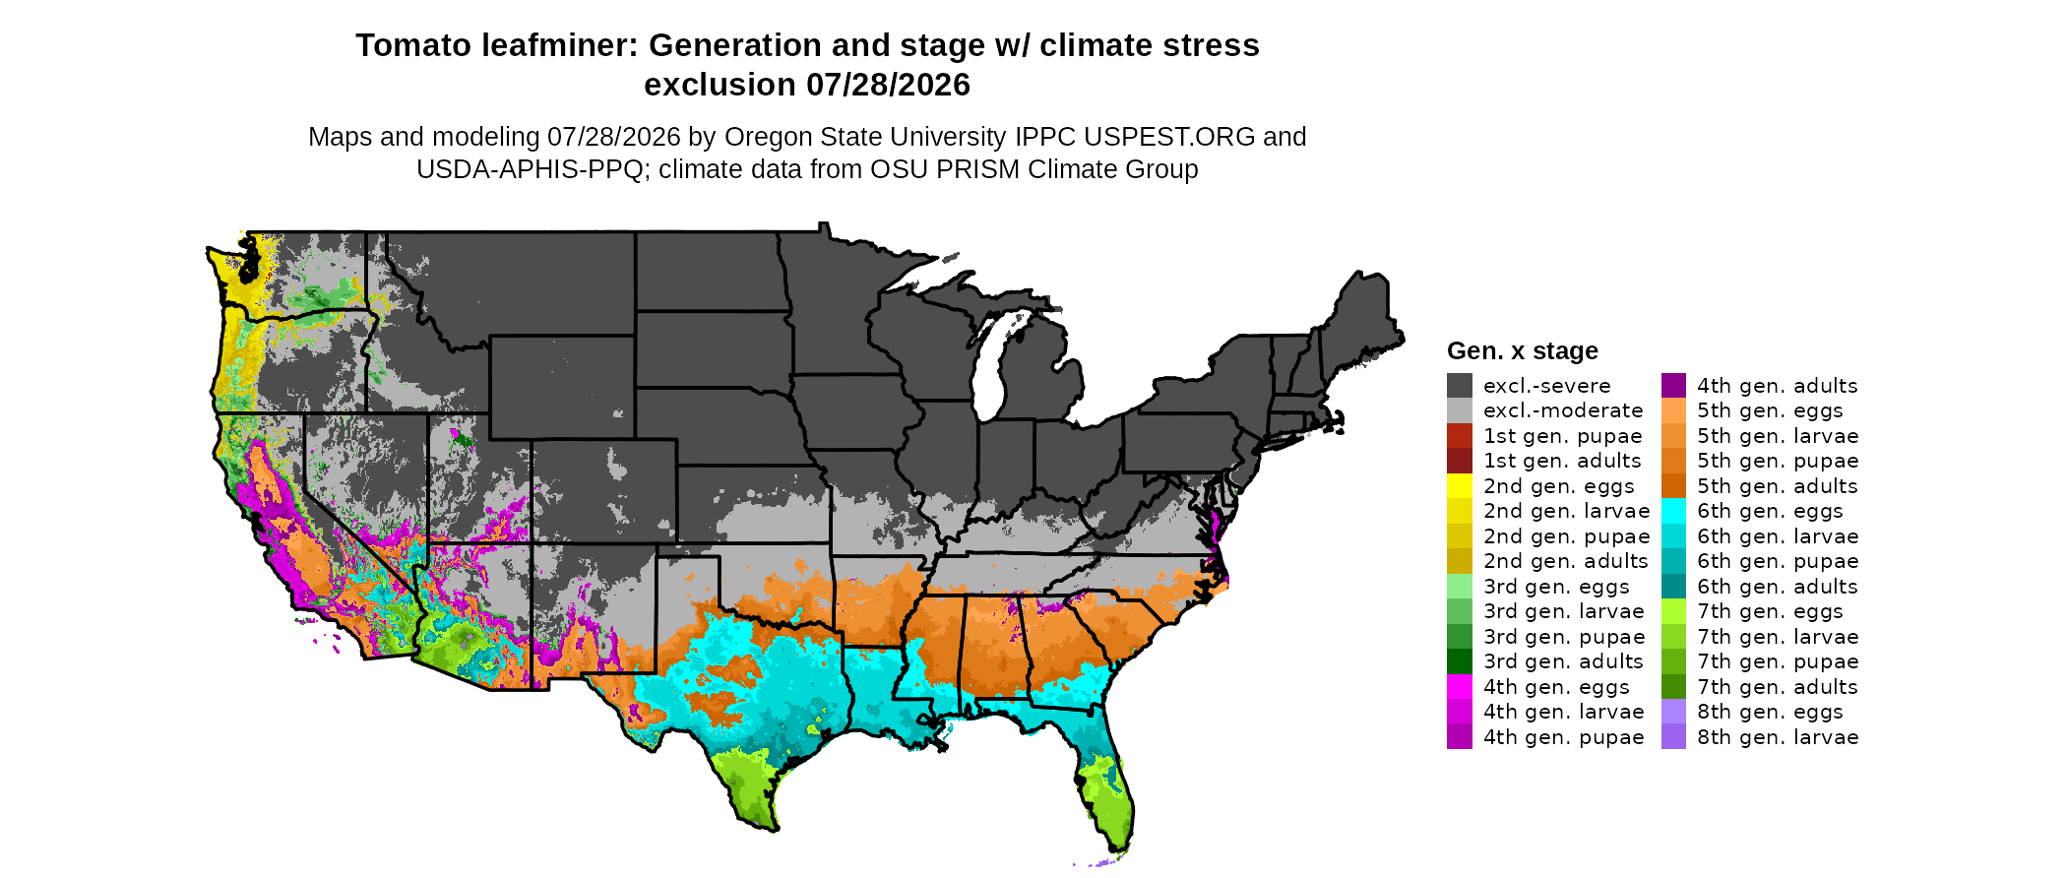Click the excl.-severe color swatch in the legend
click(x=1459, y=385)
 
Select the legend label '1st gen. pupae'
click(x=1562, y=436)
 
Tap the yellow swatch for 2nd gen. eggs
click(x=1459, y=485)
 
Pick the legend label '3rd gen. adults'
click(x=1563, y=661)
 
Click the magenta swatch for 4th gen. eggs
click(x=1459, y=686)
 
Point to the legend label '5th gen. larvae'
click(x=1778, y=436)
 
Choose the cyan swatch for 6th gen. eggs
click(x=1673, y=511)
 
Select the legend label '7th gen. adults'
click(x=1778, y=687)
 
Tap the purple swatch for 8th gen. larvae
click(x=1673, y=736)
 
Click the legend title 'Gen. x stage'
click(x=1523, y=351)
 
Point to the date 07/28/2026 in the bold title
click(x=889, y=85)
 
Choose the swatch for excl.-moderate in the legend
click(x=1459, y=410)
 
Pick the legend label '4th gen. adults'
click(x=1778, y=386)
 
